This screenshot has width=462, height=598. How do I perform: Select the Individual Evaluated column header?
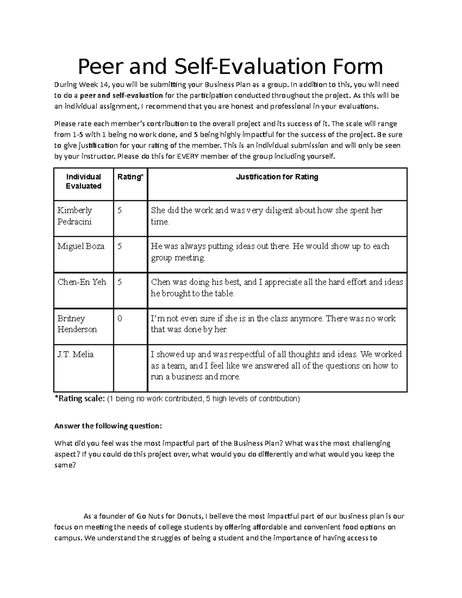[x=84, y=181]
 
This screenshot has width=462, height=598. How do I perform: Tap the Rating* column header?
[x=130, y=177]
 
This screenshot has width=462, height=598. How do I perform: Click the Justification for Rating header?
[x=277, y=177]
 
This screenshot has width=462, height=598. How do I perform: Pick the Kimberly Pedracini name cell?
[x=75, y=216]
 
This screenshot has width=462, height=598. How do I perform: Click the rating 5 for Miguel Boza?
[x=120, y=246]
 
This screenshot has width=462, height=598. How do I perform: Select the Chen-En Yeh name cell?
[x=82, y=282]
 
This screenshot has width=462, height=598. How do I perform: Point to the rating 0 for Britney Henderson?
[x=120, y=318]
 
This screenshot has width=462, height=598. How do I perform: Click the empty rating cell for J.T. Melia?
[x=130, y=368]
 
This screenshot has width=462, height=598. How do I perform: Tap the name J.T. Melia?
[x=75, y=354]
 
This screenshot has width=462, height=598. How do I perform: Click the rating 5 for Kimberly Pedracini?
[x=120, y=211]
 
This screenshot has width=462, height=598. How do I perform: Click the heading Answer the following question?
[x=108, y=426]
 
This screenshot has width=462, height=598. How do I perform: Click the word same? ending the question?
[x=65, y=465]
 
